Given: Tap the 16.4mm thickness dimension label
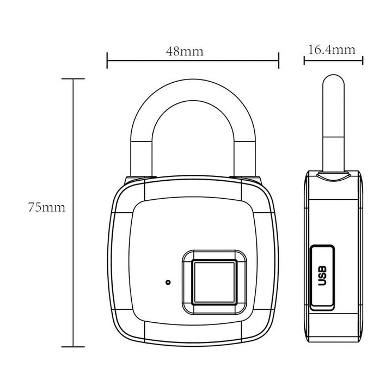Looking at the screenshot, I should [x=332, y=50].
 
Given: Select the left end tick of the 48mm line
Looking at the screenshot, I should [x=107, y=60].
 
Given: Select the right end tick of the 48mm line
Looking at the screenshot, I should [x=279, y=60].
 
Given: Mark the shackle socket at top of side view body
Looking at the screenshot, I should [x=332, y=175].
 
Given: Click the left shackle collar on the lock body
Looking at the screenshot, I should [x=139, y=180].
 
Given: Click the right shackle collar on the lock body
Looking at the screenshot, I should [x=248, y=180].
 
